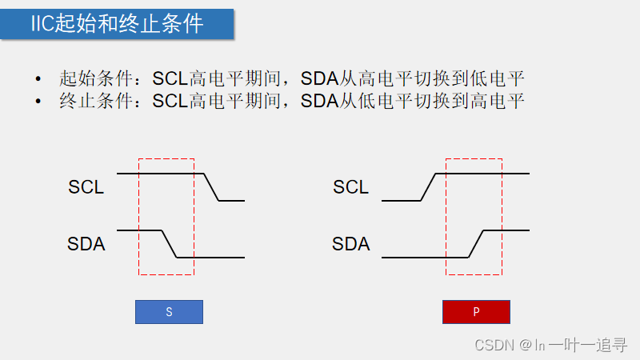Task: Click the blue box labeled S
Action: click(169, 312)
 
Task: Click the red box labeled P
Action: click(476, 312)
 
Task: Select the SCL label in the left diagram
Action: click(86, 187)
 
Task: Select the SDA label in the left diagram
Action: click(86, 244)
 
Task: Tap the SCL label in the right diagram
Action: click(350, 187)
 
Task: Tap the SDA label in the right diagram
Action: click(350, 244)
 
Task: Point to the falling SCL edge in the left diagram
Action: click(212, 187)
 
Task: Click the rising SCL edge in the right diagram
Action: click(429, 187)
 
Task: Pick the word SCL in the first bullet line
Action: click(170, 79)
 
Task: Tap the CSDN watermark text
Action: click(494, 345)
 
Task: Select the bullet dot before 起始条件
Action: click(38, 80)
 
